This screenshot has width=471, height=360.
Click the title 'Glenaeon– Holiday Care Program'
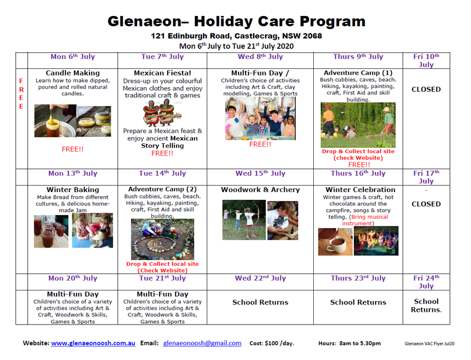point(236,22)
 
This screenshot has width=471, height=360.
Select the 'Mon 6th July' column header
point(72,57)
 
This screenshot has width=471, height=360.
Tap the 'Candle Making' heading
point(72,73)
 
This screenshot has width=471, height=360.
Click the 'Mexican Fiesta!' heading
point(162,73)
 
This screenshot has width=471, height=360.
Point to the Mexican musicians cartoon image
point(162,114)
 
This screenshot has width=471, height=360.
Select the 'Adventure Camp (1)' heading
point(358,73)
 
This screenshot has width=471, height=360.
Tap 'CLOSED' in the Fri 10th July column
point(426,90)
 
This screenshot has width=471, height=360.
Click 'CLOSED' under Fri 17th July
point(426,204)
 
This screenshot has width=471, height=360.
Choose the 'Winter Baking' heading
point(72,190)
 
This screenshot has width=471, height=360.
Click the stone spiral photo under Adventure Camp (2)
point(162,239)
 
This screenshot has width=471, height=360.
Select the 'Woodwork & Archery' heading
point(260,190)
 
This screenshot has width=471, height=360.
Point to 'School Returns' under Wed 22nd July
point(260,302)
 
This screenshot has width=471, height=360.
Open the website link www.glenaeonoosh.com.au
point(93,343)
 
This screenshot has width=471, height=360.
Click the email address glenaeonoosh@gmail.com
point(202,343)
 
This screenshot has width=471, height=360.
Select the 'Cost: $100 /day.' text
point(272,343)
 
